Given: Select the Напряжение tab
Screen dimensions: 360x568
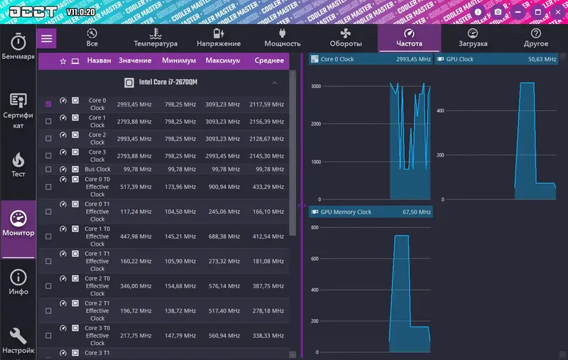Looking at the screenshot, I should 219,38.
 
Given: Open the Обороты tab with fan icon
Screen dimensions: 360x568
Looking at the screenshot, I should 346,38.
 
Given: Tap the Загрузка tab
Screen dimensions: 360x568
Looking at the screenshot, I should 473,38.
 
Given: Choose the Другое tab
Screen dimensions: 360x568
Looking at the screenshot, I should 536,38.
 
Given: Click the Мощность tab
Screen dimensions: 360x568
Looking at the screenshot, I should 283,38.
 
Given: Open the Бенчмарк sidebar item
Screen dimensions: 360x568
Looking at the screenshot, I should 18,46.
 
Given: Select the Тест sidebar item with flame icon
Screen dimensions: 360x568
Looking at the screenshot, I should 18,164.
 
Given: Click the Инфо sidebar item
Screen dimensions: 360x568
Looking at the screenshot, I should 18,282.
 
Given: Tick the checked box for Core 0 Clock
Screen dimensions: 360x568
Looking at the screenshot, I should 48,104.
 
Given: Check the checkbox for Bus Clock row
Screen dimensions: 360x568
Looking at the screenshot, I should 48,170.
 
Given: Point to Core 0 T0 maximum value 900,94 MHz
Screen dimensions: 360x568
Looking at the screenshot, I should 223,187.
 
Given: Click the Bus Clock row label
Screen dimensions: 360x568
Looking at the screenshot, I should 97,170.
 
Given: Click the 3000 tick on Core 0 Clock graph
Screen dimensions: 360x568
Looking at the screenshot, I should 315,87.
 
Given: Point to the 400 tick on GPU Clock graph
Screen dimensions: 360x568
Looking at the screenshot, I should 439,110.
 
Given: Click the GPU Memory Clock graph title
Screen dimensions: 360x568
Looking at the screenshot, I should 346,212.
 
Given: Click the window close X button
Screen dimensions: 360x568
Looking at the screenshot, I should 557,12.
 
